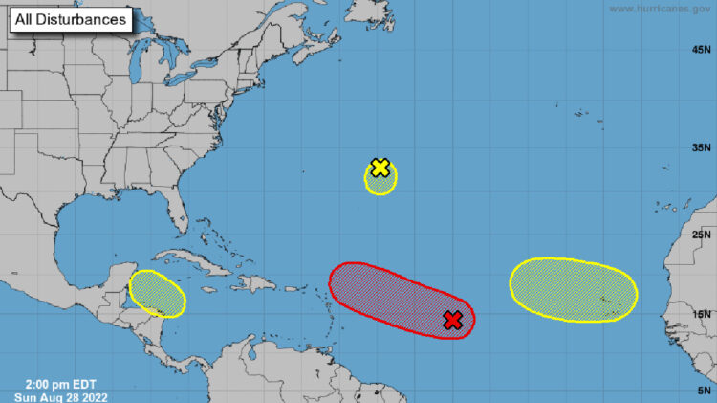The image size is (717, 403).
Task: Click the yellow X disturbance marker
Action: (x=380, y=168)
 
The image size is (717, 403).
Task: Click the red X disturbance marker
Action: (x=453, y=321)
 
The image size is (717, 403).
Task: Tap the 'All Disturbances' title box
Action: (x=71, y=20)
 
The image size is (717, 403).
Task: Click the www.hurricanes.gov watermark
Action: (x=661, y=9)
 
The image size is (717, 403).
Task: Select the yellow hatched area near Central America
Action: (x=157, y=293)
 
